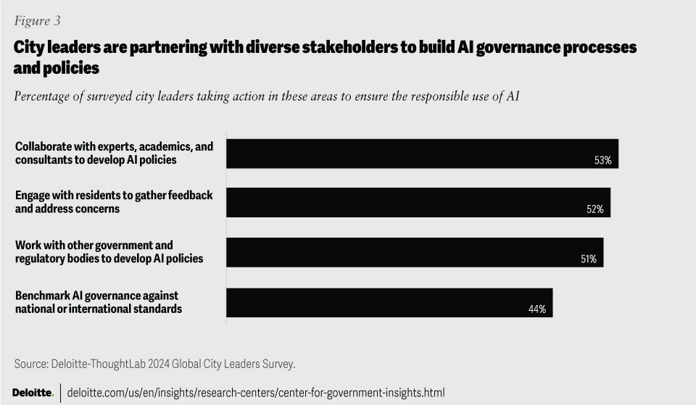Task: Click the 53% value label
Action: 602,160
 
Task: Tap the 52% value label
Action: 595,209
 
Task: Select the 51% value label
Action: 588,259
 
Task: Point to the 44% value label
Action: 537,309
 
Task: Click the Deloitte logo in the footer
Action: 33,392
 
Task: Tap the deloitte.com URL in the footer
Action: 256,392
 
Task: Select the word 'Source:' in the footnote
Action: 32,363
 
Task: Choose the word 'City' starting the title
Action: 28,47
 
